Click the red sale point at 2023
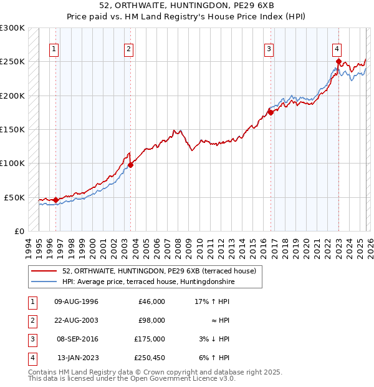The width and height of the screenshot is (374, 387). point(338,61)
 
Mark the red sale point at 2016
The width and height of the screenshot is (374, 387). point(271,112)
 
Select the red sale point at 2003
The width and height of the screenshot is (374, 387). point(130,165)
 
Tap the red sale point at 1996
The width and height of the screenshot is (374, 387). point(55,200)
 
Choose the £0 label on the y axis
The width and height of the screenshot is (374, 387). point(19,231)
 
